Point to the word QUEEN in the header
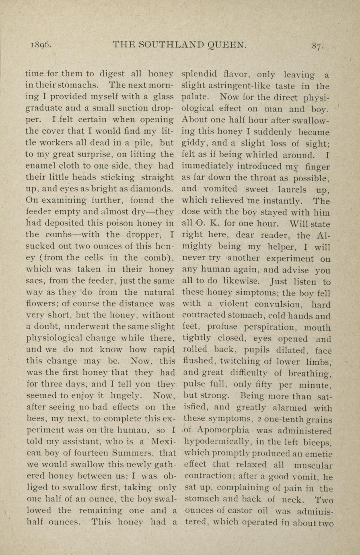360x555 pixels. (x=227, y=45)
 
